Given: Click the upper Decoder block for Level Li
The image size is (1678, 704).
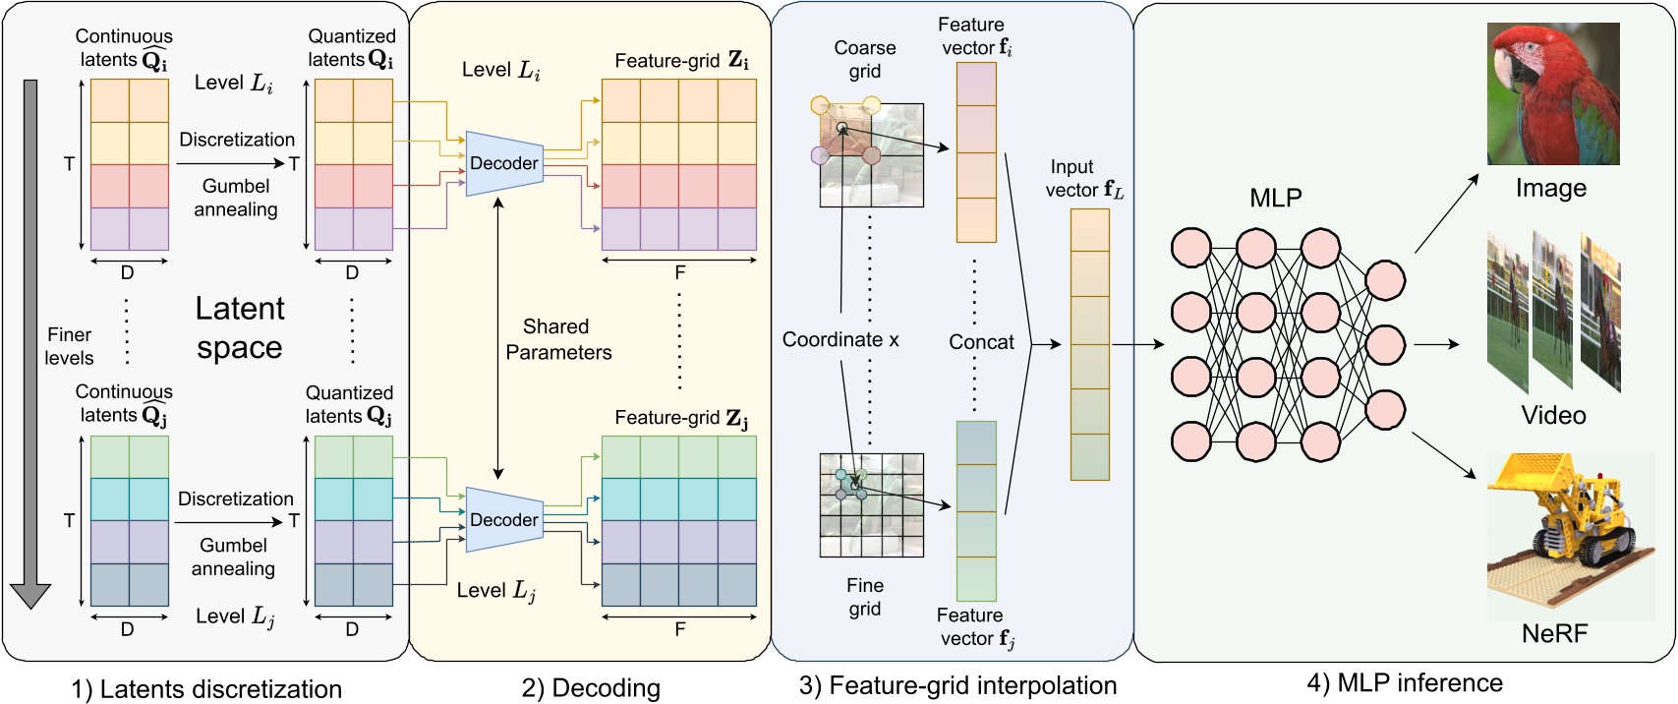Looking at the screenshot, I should [504, 163].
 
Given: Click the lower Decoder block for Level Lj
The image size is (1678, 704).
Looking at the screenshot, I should [504, 520].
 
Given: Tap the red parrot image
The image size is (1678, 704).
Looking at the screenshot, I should [1552, 94].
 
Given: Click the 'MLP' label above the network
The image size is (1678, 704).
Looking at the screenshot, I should [1275, 199].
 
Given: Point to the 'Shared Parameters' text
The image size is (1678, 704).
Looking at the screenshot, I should [557, 339].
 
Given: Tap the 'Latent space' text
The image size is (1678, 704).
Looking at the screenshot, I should [240, 327].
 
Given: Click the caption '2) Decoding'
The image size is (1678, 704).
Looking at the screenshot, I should [591, 687].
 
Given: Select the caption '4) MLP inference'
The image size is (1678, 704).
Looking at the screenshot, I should [1404, 682].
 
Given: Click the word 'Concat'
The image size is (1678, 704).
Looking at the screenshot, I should [980, 342].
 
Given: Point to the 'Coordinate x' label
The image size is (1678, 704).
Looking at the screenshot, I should [839, 340].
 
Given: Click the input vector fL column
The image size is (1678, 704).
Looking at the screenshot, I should [1089, 344].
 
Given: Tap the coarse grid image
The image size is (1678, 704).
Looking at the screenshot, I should [872, 155].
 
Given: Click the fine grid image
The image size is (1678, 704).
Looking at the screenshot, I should [872, 505].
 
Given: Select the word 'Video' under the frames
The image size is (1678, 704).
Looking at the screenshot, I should [1553, 415].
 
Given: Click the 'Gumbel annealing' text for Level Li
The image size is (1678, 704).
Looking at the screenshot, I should [235, 198].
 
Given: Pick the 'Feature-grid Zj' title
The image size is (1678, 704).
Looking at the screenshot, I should [680, 418].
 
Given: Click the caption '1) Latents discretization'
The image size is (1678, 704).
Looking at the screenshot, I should [206, 689].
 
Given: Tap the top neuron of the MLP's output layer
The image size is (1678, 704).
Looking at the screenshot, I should [1385, 280].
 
